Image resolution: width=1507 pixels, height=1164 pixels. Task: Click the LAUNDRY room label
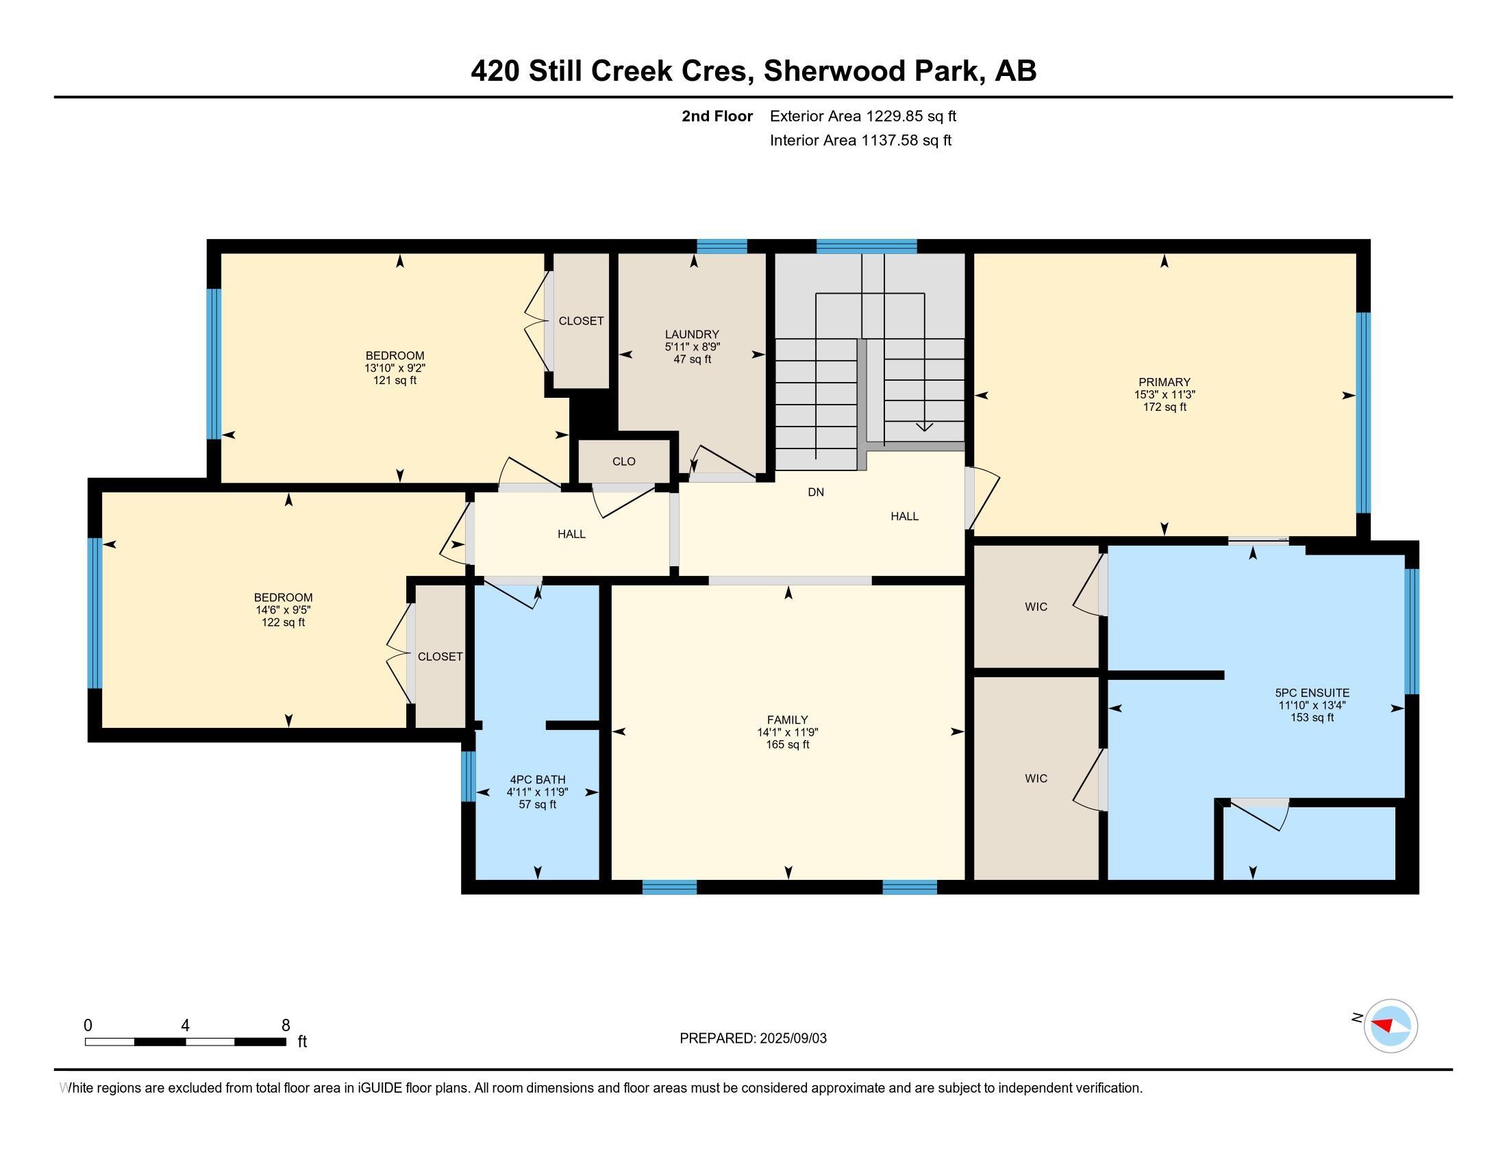coord(691,334)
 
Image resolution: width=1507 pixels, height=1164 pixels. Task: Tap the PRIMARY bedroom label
coord(1164,382)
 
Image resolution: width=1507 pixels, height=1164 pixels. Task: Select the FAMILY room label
coord(787,720)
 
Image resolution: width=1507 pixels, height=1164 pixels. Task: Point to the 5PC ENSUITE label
coord(1312,693)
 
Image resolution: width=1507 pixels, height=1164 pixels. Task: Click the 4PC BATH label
coord(538,780)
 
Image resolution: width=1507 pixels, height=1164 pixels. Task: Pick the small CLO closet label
coord(624,462)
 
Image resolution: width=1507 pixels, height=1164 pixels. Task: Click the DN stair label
coord(816,492)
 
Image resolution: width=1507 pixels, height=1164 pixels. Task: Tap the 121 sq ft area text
coord(395,381)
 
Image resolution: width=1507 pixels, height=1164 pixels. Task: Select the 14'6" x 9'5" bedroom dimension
coord(283,610)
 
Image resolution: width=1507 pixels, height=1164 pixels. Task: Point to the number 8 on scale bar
coord(286,1026)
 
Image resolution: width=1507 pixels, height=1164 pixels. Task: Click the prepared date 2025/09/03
coord(792,1039)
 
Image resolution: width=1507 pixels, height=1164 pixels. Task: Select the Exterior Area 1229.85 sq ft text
coord(863,116)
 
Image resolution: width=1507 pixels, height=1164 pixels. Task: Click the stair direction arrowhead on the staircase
coord(924,427)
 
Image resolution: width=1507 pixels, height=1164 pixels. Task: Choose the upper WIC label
coord(1036,607)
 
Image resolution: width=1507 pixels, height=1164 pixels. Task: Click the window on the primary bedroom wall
coord(1362,413)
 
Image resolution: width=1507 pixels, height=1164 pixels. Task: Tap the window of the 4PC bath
coord(468,776)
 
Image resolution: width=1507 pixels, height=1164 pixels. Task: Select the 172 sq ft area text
coord(1164,407)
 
